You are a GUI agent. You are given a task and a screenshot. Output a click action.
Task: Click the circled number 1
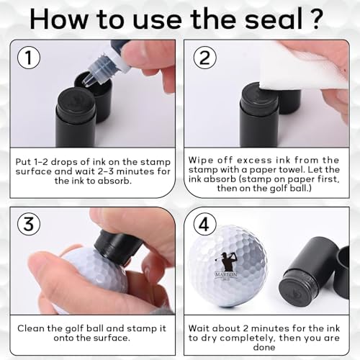click(29, 58)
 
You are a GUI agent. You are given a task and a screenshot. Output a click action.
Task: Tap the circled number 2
click(204, 58)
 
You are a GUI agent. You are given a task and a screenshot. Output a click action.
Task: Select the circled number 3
click(29, 224)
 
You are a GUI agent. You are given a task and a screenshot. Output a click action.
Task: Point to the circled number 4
click(204, 225)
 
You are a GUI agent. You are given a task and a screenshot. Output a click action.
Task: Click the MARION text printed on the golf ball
click(226, 274)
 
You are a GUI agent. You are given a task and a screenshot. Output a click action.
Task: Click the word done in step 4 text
click(264, 347)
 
